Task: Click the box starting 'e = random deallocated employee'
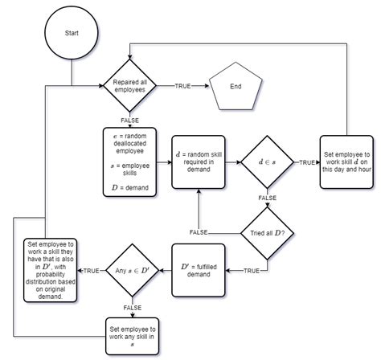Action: pyautogui.click(x=132, y=161)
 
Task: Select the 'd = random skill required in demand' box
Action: pyautogui.click(x=199, y=161)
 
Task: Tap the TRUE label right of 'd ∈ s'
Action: pyautogui.click(x=306, y=162)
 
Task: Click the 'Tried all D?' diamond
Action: pyautogui.click(x=265, y=232)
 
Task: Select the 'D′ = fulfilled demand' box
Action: pyautogui.click(x=199, y=271)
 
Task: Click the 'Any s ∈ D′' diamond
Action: pyautogui.click(x=132, y=271)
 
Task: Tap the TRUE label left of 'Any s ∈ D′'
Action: pyautogui.click(x=91, y=271)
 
